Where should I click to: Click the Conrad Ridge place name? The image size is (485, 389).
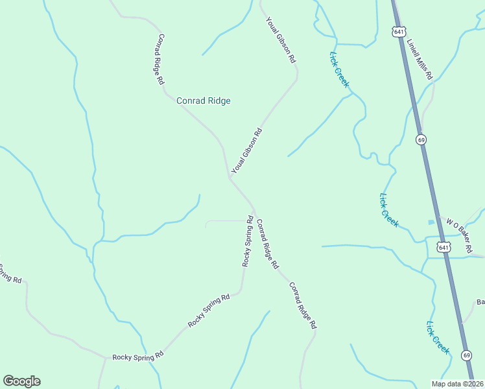click(x=204, y=100)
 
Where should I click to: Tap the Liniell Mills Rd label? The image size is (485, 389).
click(x=420, y=59)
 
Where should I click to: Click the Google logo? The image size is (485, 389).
click(x=21, y=381)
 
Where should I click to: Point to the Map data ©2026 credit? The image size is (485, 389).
click(x=457, y=384)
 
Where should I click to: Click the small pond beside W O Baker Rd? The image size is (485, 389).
click(x=431, y=222)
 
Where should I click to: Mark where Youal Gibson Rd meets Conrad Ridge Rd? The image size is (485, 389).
click(x=231, y=176)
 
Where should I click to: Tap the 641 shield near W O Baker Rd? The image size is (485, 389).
click(x=444, y=247)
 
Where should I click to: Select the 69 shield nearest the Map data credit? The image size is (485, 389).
click(x=466, y=355)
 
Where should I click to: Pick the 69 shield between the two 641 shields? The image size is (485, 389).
click(x=421, y=139)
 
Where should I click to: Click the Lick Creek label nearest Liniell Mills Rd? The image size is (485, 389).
click(x=339, y=69)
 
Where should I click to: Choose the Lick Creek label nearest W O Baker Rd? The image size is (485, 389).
click(x=388, y=210)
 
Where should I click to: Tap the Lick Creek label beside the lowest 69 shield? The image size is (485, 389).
click(x=438, y=337)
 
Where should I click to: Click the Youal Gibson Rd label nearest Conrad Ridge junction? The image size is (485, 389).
click(x=247, y=150)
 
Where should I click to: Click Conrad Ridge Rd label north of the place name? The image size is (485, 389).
click(x=160, y=60)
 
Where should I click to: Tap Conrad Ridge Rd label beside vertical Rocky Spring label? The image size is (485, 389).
click(x=266, y=244)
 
